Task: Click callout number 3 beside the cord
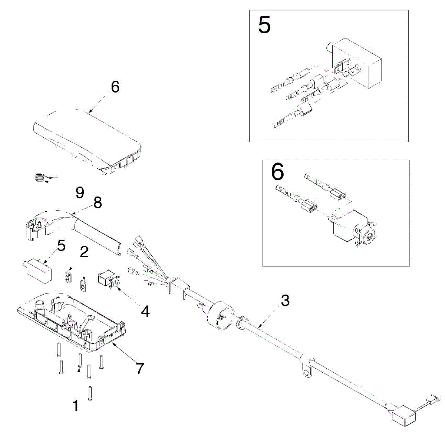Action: [x=285, y=301]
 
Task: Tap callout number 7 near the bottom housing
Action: [x=139, y=368]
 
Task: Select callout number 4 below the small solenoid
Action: [x=145, y=311]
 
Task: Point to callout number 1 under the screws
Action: [x=76, y=406]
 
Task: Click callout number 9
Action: [x=80, y=192]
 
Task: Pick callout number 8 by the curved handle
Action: [x=98, y=202]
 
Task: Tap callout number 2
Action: [x=85, y=252]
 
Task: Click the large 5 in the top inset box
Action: [x=264, y=25]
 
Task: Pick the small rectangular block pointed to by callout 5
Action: [x=37, y=270]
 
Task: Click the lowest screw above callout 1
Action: [x=90, y=393]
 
